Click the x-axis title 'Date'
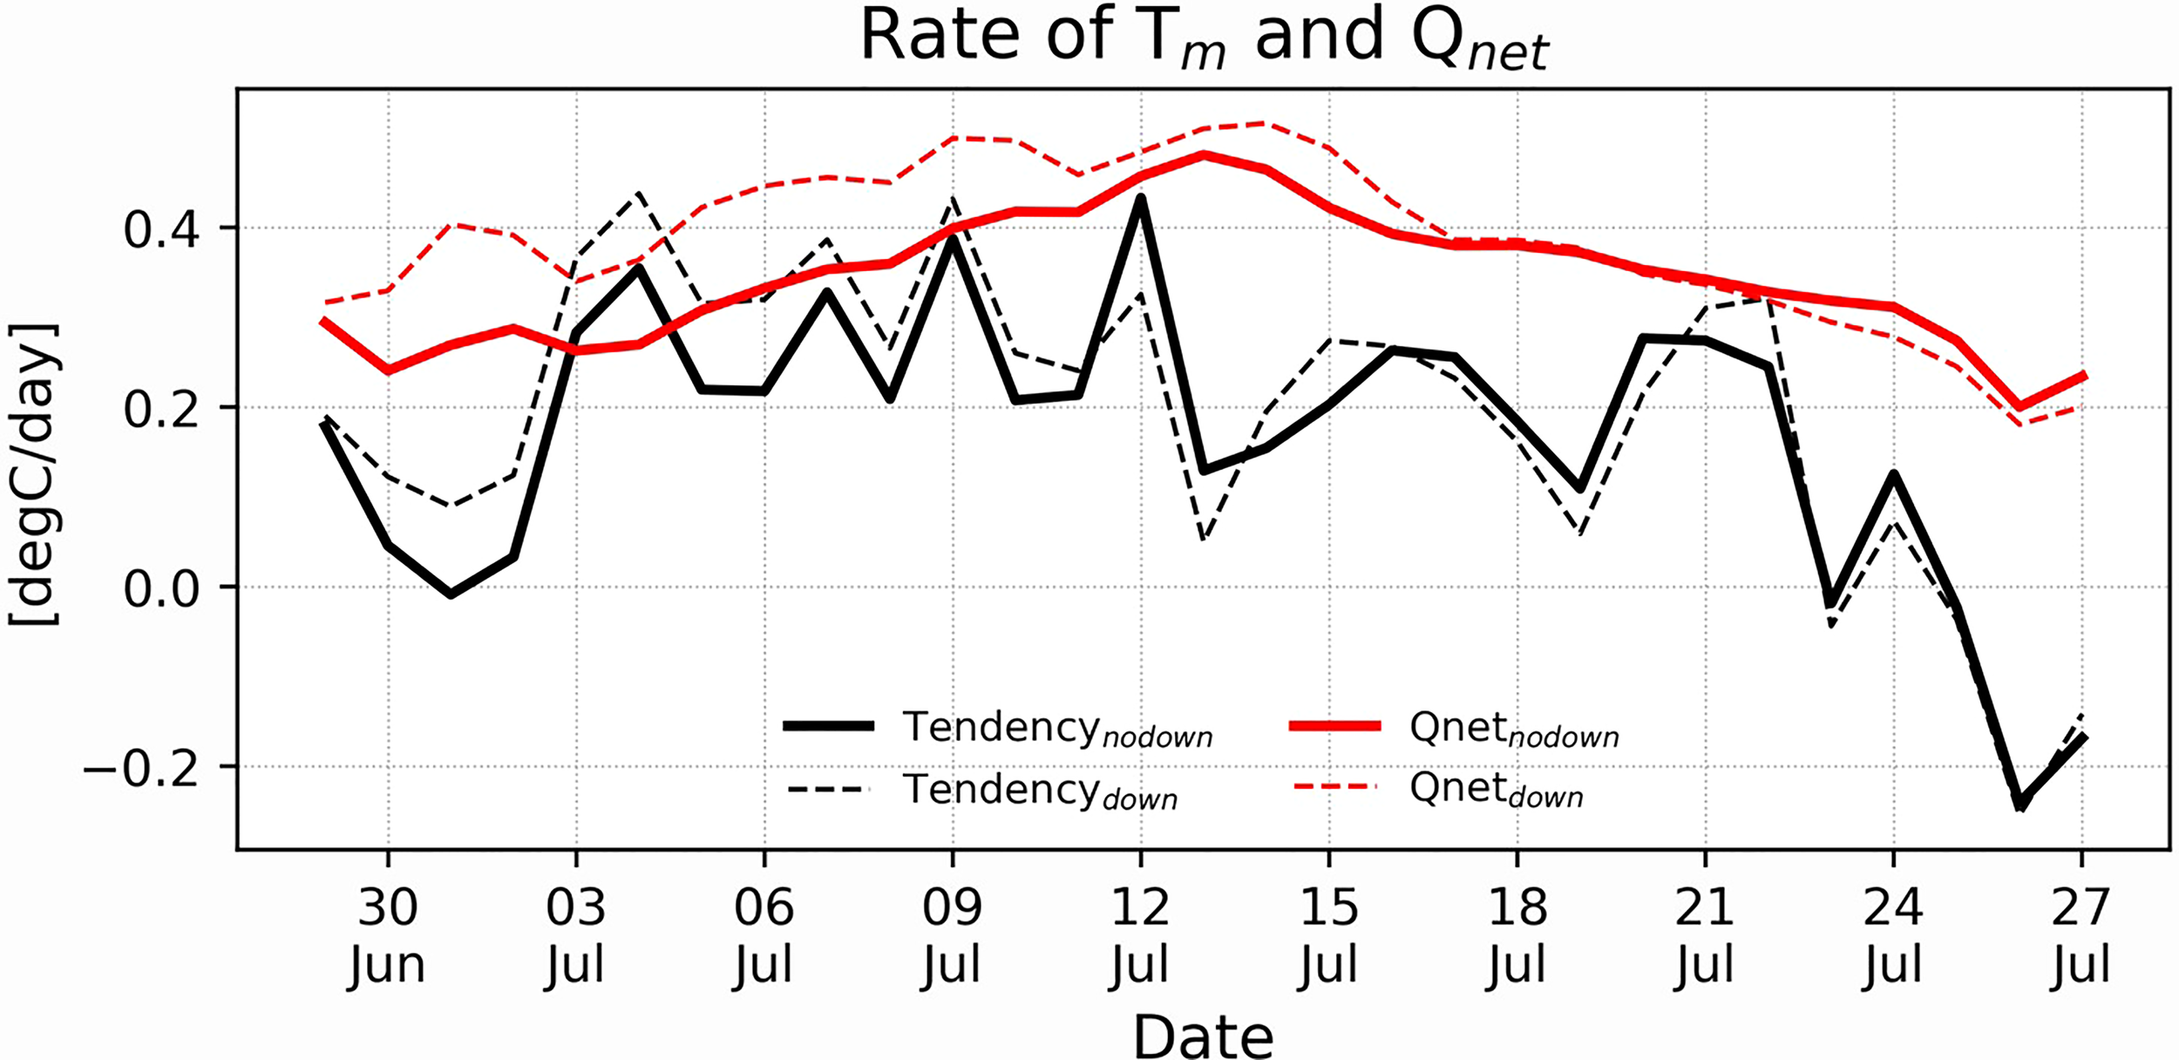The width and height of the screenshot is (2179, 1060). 1203,1036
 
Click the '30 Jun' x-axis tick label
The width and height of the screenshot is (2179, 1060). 388,935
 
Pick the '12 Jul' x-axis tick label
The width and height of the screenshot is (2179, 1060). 1140,935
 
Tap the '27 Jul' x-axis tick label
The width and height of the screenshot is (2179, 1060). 2081,935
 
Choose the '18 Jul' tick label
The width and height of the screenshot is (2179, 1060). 1517,935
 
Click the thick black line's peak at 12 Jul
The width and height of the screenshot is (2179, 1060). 1140,199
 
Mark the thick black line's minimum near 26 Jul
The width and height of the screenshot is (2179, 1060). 2020,803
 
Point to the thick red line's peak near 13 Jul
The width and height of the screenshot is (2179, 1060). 1204,155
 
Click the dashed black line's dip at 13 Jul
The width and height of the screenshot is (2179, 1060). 1204,539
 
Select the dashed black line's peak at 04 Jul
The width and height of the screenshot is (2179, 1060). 639,194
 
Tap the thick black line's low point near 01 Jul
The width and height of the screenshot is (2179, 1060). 451,595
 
